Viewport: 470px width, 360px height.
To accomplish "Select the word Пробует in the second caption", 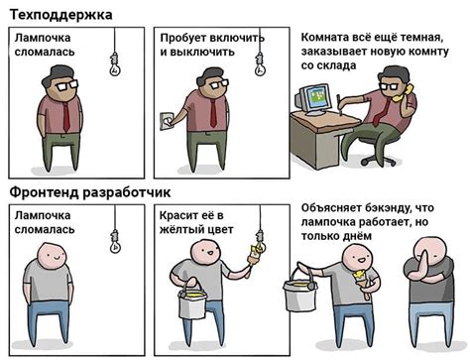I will coord(184,36).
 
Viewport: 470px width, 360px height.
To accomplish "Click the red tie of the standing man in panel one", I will coord(66,115).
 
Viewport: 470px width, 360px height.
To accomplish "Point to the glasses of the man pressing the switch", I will coord(210,86).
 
